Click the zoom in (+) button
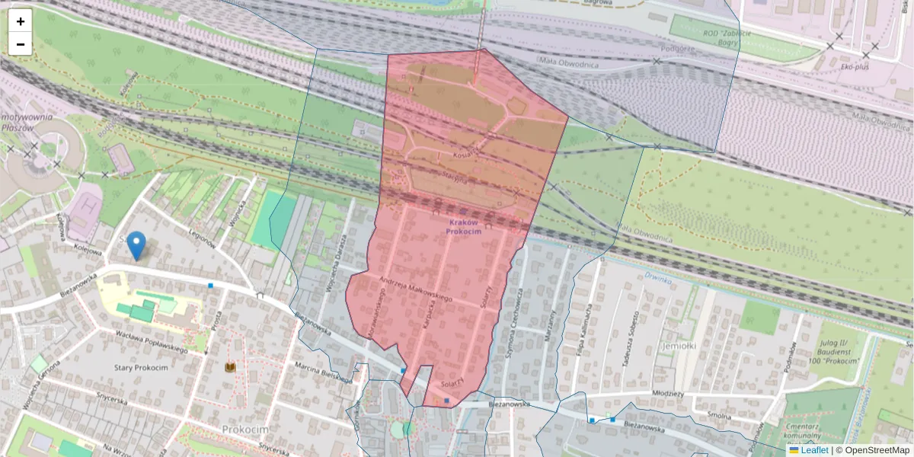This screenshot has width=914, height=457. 21,21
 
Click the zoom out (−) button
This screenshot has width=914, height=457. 21,44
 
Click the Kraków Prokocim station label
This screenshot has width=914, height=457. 464,226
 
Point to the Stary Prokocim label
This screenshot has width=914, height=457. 141,368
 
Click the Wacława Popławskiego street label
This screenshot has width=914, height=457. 151,341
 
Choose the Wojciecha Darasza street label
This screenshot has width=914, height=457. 332,262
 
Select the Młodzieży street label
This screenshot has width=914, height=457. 668,394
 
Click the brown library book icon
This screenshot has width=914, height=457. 230,368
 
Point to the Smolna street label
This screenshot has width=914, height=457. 719,416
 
